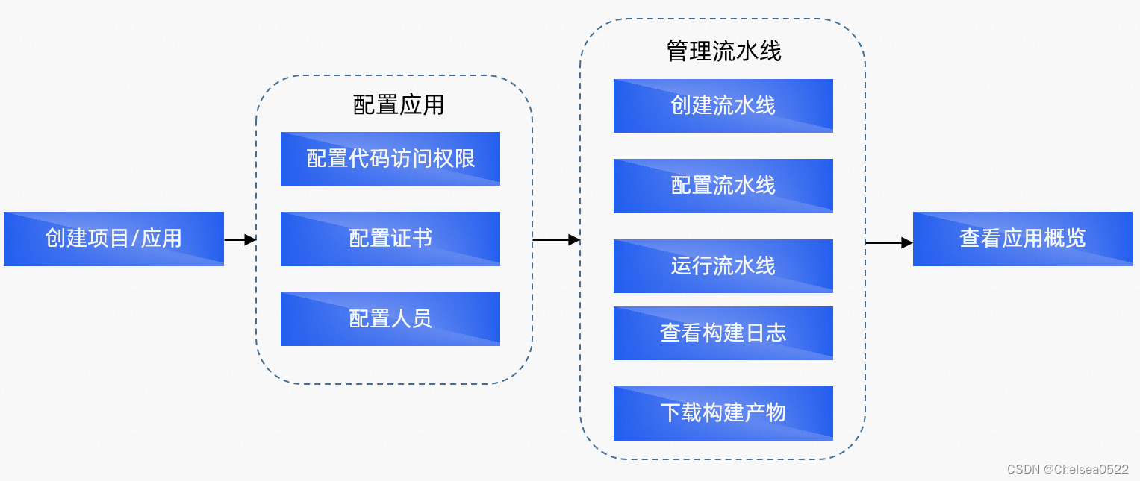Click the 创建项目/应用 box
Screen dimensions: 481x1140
pyautogui.click(x=113, y=239)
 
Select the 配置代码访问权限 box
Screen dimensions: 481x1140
pyautogui.click(x=390, y=159)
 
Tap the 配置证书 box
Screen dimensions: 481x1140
pyautogui.click(x=390, y=239)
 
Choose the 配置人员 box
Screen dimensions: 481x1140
pyautogui.click(x=390, y=319)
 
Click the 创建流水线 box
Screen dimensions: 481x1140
pyautogui.click(x=723, y=106)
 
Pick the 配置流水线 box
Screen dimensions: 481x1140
pyautogui.click(x=723, y=186)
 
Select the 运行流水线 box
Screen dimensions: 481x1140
pyautogui.click(x=723, y=266)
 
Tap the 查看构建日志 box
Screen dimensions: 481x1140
pyautogui.click(x=723, y=333)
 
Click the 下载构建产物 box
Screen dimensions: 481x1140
pyautogui.click(x=723, y=413)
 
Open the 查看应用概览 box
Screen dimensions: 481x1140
pyautogui.click(x=1022, y=239)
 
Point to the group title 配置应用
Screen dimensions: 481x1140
pyautogui.click(x=398, y=105)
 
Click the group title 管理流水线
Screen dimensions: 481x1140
pyautogui.click(x=723, y=51)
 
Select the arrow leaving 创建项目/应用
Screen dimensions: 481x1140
pyautogui.click(x=240, y=239)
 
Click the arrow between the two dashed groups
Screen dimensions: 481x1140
pyautogui.click(x=556, y=239)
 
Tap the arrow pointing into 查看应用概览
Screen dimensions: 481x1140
pyautogui.click(x=889, y=242)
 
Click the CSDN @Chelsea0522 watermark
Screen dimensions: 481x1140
pyautogui.click(x=1067, y=469)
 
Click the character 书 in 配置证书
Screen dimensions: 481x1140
pyautogui.click(x=422, y=239)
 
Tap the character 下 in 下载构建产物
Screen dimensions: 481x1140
pyautogui.click(x=670, y=413)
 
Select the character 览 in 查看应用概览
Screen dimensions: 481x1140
pyautogui.click(x=1075, y=239)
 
